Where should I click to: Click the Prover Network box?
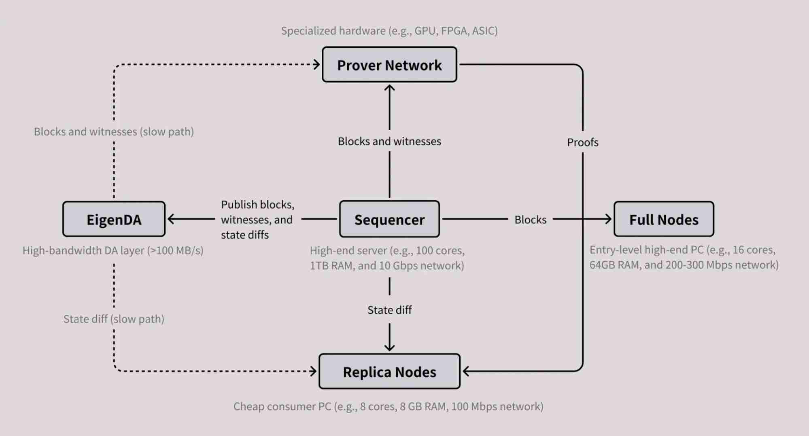389,65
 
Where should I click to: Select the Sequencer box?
389,219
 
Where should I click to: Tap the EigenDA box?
114,219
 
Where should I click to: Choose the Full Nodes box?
664,219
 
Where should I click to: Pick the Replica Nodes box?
389,372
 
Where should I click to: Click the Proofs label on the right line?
582,142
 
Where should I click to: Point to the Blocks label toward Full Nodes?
530,220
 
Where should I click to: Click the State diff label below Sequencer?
389,310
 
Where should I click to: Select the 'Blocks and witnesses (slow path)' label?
114,132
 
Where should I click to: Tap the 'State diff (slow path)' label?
114,319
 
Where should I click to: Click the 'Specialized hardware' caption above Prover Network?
389,31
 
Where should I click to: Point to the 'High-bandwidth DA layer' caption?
113,250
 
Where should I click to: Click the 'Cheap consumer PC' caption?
388,406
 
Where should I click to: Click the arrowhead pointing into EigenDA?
170,219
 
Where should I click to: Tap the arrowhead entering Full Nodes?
609,219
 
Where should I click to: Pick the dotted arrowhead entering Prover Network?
317,64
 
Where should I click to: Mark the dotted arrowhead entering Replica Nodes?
314,371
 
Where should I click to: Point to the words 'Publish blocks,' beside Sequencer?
257,205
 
